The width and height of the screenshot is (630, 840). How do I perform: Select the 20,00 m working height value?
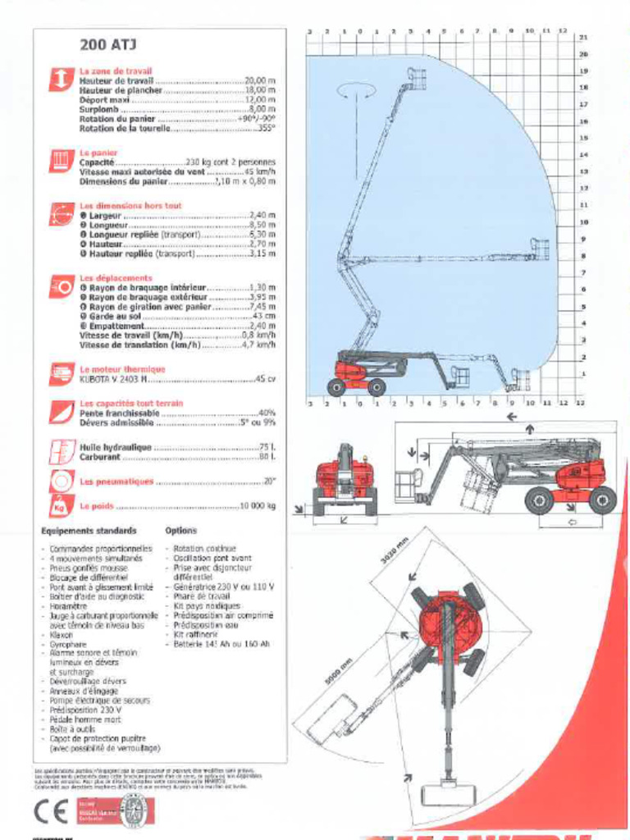260,81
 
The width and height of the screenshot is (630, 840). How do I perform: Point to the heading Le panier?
98,153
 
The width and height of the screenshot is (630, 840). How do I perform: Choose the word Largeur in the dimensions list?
104,215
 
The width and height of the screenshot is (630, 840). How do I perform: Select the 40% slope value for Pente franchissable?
267,413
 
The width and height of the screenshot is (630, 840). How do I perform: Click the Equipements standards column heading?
89,531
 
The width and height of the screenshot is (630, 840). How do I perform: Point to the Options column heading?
180,531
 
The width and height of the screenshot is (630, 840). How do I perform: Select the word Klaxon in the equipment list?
61,634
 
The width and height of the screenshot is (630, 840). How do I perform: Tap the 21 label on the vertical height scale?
583,38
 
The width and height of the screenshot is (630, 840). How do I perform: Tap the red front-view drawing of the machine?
345,480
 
